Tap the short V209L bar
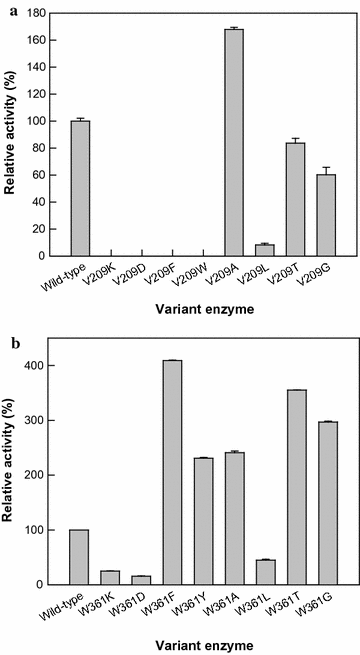point(265,251)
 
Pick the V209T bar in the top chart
point(296,200)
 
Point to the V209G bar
point(326,215)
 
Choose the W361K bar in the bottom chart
point(110,577)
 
